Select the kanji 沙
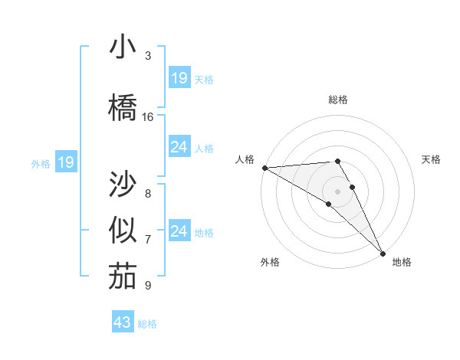pos(122,185)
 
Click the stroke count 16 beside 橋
pos(148,117)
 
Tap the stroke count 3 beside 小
pos(148,56)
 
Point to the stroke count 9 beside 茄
pos(148,286)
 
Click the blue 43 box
pos(123,322)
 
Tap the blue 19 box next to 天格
pos(179,78)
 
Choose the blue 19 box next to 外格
pos(66,162)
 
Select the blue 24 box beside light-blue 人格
pos(179,147)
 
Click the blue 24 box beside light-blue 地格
pos(179,231)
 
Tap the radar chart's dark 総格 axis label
pos(338,100)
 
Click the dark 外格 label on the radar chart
pos(270,262)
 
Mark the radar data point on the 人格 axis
pos(264,168)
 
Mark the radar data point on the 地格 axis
pos(383,252)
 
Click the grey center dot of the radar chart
pos(338,191)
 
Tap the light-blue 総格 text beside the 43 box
pos(147,324)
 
